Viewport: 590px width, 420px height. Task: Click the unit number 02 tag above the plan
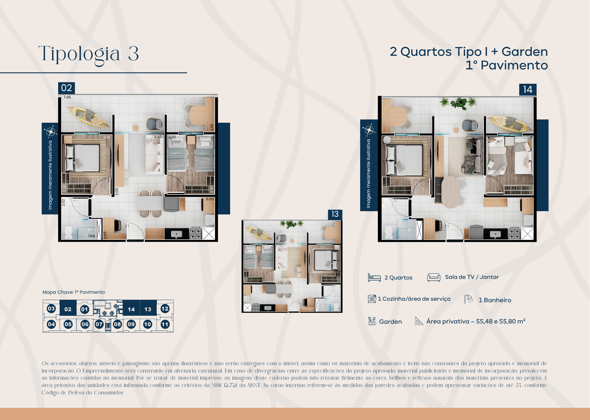tap(66, 88)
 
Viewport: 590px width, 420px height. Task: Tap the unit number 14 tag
tap(527, 90)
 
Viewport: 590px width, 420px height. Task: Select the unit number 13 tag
tap(335, 214)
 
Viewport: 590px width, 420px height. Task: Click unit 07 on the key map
tap(99, 324)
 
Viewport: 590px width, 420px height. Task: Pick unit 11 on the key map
tap(165, 324)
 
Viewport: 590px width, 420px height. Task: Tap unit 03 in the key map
tap(51, 309)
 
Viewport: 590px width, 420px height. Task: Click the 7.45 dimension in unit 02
tap(67, 97)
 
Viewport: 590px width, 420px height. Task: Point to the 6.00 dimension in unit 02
tap(210, 199)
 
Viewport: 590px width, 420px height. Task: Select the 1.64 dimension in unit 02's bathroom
tap(91, 236)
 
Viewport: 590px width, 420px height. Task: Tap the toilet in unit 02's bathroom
tap(68, 232)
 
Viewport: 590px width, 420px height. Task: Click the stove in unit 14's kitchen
tap(514, 233)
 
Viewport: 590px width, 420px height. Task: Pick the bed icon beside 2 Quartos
tap(374, 278)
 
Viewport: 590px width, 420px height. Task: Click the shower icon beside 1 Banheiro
tap(468, 299)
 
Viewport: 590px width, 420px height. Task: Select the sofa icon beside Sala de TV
tap(434, 277)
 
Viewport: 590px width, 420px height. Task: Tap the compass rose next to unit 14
tap(369, 130)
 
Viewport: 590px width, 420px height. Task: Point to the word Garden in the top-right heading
tap(525, 52)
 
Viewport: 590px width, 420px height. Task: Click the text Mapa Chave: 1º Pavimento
tap(73, 292)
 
